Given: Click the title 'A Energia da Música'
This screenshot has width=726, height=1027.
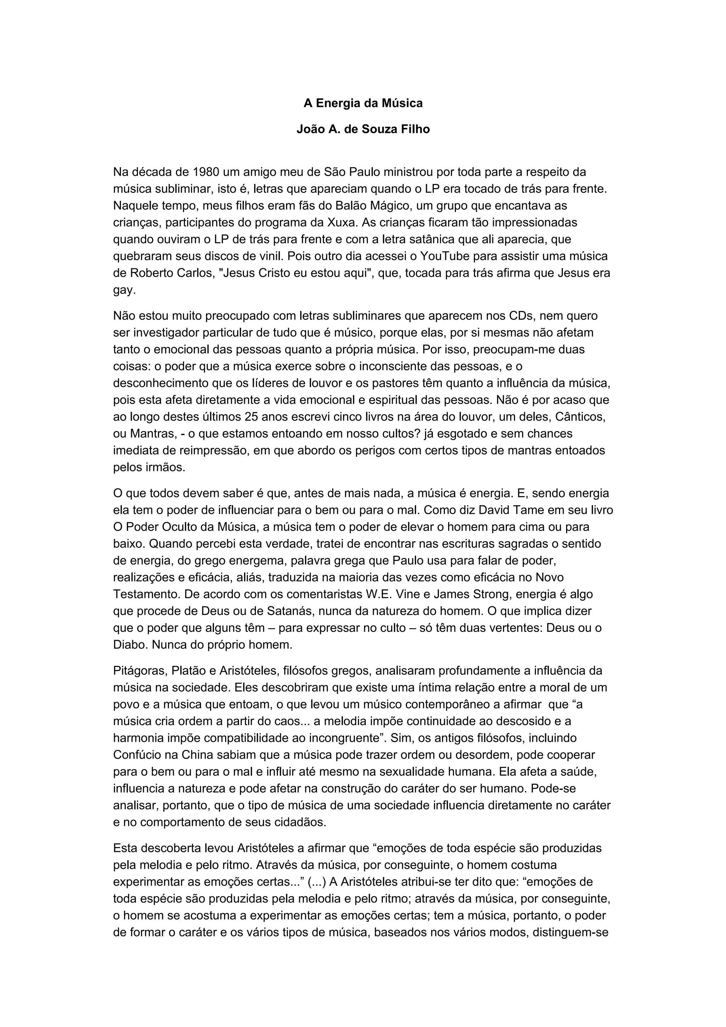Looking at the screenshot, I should click(363, 103).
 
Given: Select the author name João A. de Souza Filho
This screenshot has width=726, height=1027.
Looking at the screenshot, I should click(363, 129).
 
